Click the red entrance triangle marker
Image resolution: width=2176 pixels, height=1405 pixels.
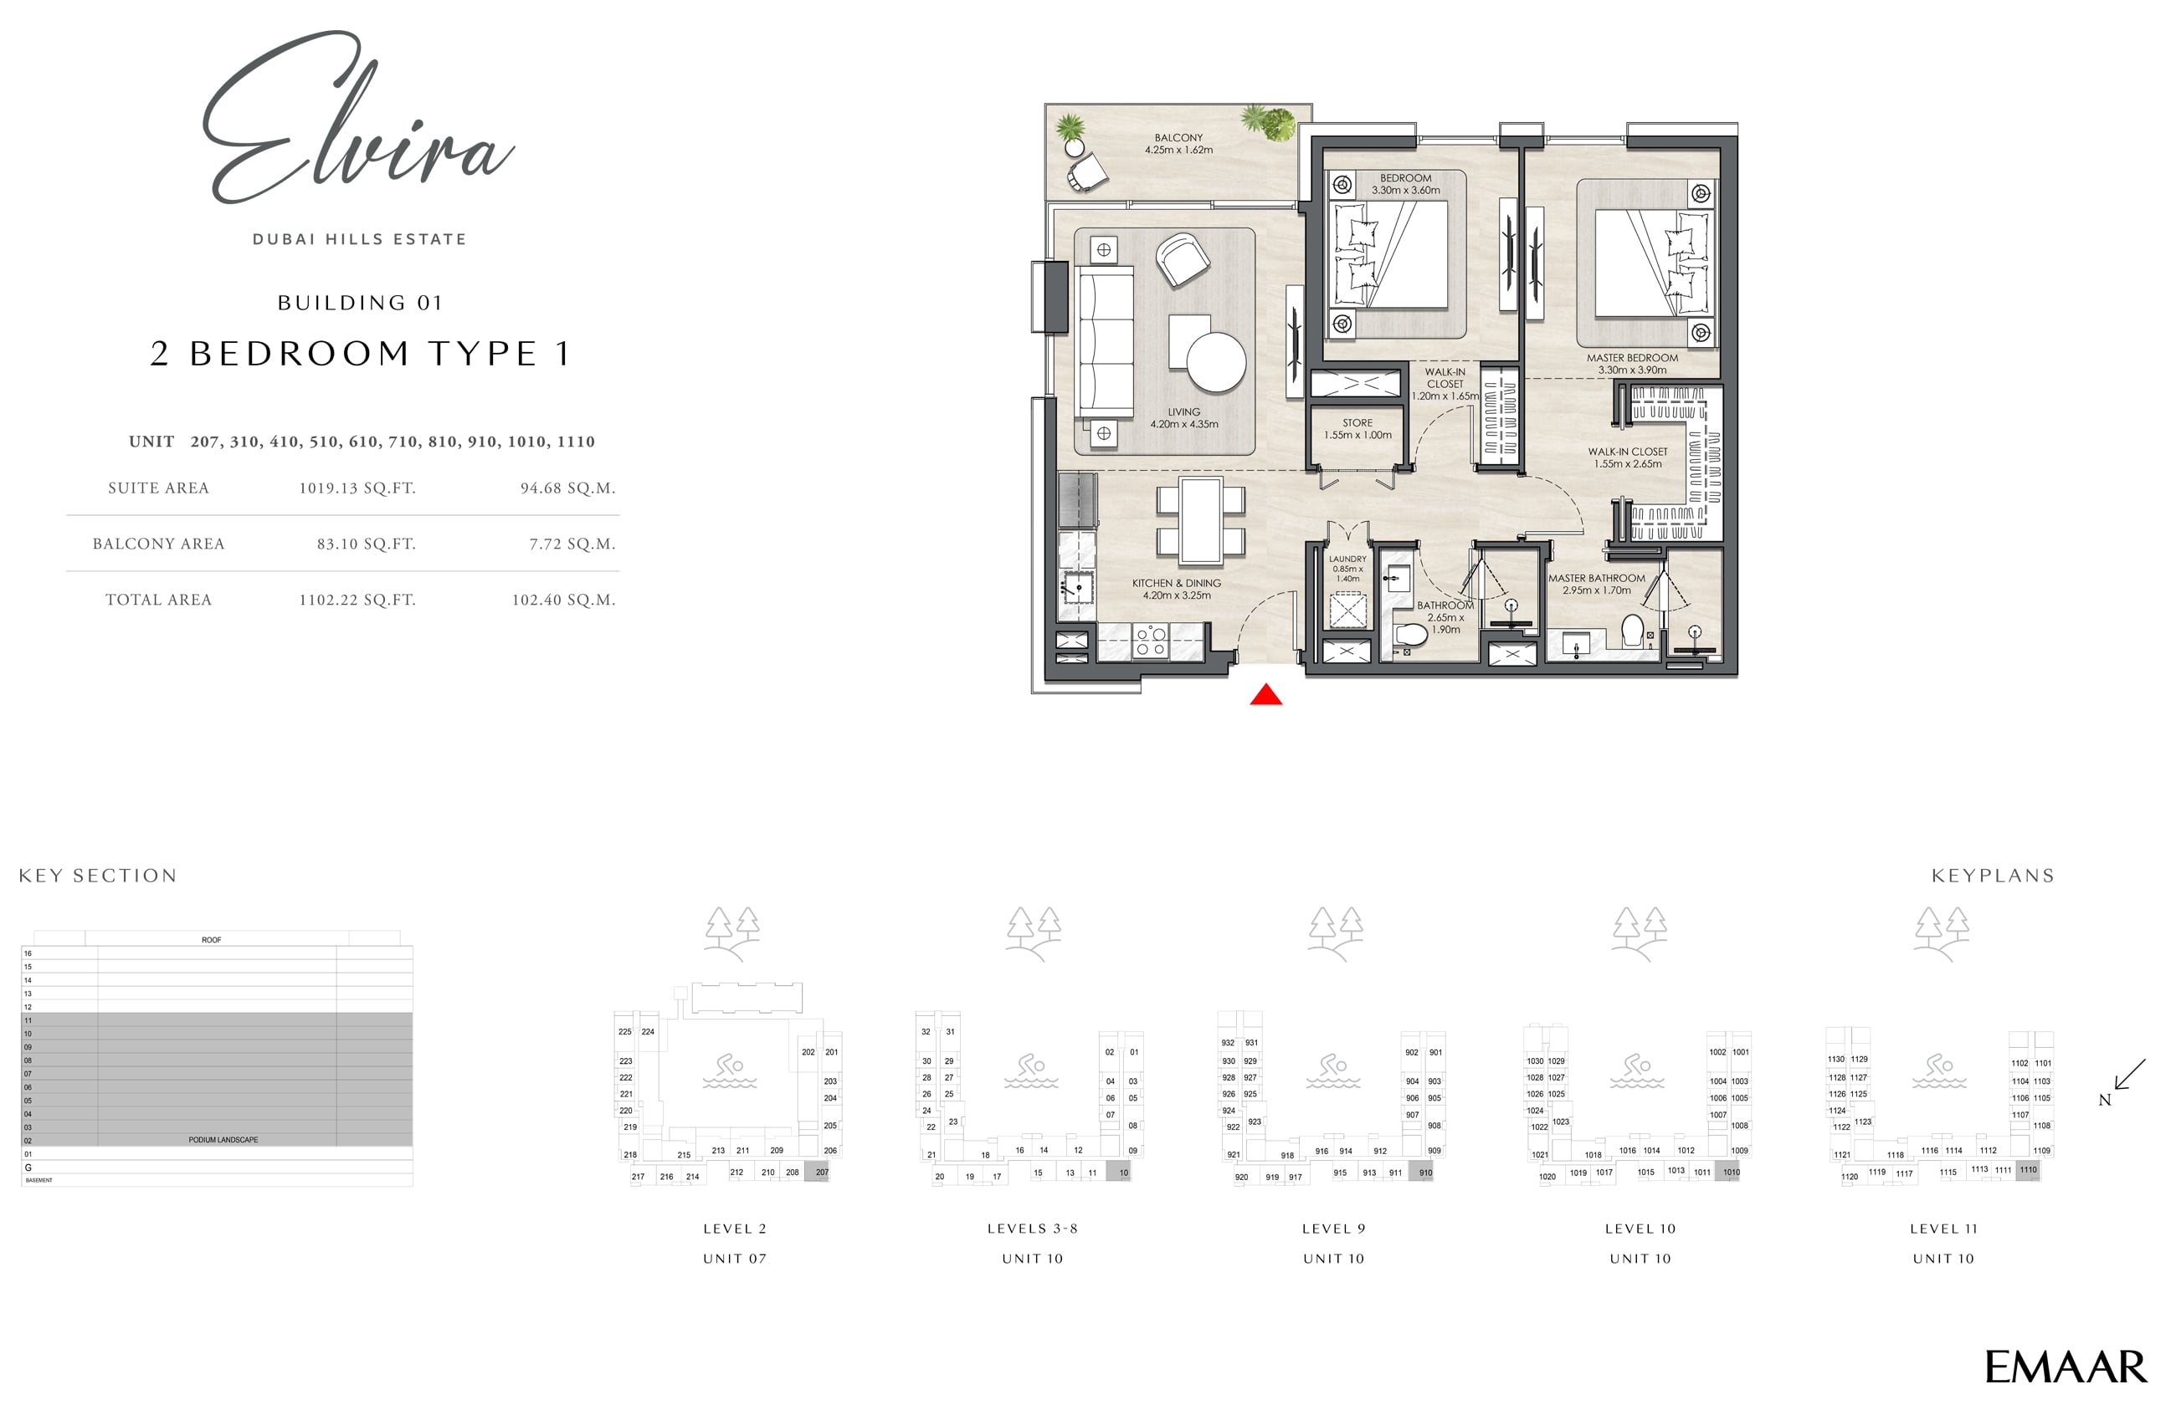click(x=1265, y=696)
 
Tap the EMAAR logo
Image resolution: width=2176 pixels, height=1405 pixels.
click(x=2065, y=1367)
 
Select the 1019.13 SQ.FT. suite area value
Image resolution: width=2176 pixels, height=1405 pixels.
click(x=357, y=488)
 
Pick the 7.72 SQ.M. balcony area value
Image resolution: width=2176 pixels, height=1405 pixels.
click(x=572, y=544)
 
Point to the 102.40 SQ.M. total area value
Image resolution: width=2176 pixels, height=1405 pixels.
click(x=563, y=600)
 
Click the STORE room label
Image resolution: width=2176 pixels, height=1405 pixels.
click(x=1357, y=429)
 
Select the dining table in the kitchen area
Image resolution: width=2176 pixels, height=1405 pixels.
click(x=1200, y=520)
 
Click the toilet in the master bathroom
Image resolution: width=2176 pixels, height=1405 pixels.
click(x=1632, y=631)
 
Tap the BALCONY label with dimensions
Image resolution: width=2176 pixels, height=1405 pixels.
click(x=1178, y=143)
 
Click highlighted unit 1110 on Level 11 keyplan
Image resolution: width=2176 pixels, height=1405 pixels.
click(x=2027, y=1171)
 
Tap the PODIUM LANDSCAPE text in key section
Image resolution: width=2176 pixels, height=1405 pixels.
click(x=223, y=1140)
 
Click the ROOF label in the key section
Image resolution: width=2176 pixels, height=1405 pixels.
click(x=211, y=940)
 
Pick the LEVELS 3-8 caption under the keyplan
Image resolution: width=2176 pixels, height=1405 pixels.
click(x=1032, y=1228)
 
